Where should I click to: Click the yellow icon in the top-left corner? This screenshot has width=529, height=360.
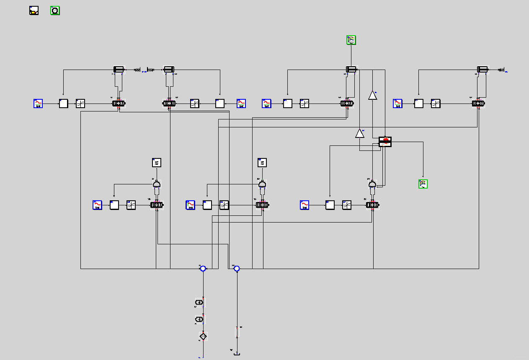[34, 11]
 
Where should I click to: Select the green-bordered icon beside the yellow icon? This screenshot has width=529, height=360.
[55, 11]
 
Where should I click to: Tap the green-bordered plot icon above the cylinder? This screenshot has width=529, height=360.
[351, 40]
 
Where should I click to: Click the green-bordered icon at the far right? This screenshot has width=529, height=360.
[423, 184]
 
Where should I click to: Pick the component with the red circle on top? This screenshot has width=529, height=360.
[385, 142]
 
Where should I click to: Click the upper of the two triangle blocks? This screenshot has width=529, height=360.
[372, 95]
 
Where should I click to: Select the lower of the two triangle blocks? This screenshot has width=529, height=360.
[359, 133]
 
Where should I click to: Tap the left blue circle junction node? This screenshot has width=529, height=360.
[203, 268]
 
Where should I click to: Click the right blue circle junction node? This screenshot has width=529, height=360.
[237, 268]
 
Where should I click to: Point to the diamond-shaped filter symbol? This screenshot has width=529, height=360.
[203, 336]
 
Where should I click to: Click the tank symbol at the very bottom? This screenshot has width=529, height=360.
[237, 354]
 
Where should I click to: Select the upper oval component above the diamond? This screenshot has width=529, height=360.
[200, 302]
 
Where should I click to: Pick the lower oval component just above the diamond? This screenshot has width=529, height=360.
[200, 319]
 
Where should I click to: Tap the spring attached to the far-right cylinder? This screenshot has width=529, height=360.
[501, 70]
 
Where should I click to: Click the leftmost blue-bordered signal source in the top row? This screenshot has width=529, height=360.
[39, 104]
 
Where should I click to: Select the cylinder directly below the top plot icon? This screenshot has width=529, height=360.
[351, 69]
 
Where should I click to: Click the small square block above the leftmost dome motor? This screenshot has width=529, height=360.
[156, 163]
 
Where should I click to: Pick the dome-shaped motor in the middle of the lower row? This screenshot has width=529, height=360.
[262, 184]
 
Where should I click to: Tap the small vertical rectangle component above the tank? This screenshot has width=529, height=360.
[237, 332]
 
